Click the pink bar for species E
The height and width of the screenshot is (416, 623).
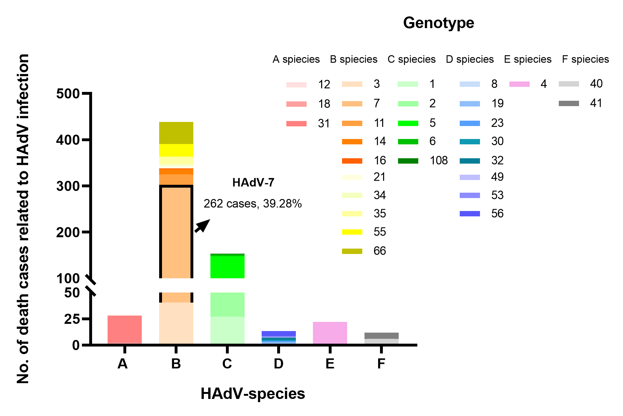(330, 333)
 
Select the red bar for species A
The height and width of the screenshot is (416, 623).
(124, 329)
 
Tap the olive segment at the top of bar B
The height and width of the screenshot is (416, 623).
(176, 133)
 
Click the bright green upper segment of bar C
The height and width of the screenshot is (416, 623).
(227, 267)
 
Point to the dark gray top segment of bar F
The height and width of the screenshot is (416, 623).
(381, 335)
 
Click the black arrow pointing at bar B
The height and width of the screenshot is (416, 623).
(202, 226)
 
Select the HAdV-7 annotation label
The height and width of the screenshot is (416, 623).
(253, 183)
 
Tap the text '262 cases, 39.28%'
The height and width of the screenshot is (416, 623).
(252, 204)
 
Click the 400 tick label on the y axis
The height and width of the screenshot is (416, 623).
(68, 140)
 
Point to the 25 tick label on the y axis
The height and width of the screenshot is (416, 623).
(72, 319)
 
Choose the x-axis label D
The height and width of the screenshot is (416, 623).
(278, 364)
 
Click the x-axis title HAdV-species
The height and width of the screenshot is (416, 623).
(252, 394)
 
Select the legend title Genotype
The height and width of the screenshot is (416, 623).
(439, 23)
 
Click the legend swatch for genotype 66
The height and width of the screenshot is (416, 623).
(352, 251)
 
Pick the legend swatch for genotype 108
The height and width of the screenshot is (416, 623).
(408, 161)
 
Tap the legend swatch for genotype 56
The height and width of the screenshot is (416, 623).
(470, 214)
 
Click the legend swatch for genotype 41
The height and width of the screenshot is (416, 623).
(569, 103)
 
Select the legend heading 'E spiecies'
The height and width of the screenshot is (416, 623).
(527, 59)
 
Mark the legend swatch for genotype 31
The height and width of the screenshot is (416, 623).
(296, 124)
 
